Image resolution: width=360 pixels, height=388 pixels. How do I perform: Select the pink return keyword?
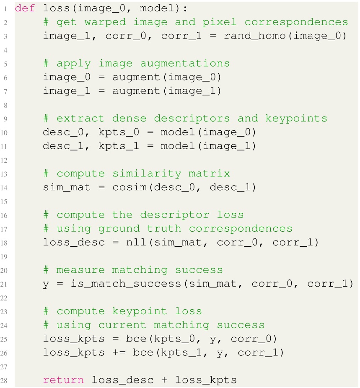(x=63, y=380)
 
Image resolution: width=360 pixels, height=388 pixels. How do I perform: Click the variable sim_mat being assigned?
(x=67, y=187)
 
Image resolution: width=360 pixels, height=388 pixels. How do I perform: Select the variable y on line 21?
(x=46, y=284)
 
